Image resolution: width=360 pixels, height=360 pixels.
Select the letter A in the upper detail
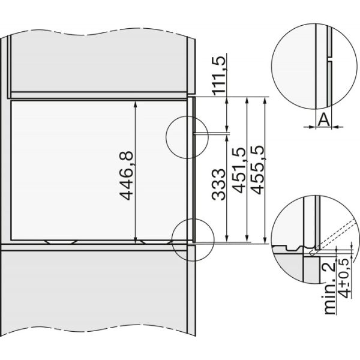(x=323, y=120)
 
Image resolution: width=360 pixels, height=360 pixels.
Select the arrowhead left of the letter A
(x=309, y=127)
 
